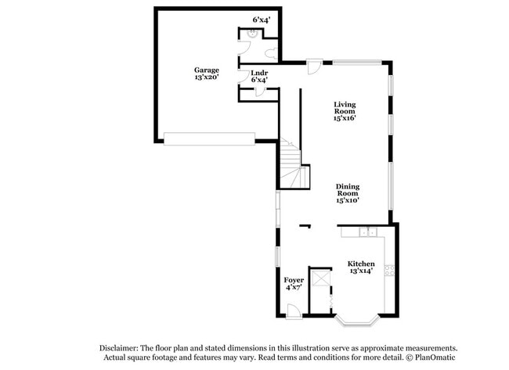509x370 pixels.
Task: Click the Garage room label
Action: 207,70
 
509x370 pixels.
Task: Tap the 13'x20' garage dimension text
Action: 207,77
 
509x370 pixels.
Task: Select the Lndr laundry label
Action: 259,73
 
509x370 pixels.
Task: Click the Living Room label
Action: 345,108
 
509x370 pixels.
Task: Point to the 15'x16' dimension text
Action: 345,118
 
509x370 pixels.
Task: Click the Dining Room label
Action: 348,190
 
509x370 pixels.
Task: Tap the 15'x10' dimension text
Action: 348,200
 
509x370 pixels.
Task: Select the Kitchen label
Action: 361,264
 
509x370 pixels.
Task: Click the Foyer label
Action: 294,280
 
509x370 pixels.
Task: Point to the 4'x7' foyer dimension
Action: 294,287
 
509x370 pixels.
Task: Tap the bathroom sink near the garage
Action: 252,34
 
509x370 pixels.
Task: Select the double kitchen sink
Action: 368,232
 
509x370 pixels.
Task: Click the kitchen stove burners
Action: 389,271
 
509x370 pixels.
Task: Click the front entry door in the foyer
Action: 294,311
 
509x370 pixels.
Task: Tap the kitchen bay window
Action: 357,321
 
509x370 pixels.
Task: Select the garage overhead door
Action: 209,138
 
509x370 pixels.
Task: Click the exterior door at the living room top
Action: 314,66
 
